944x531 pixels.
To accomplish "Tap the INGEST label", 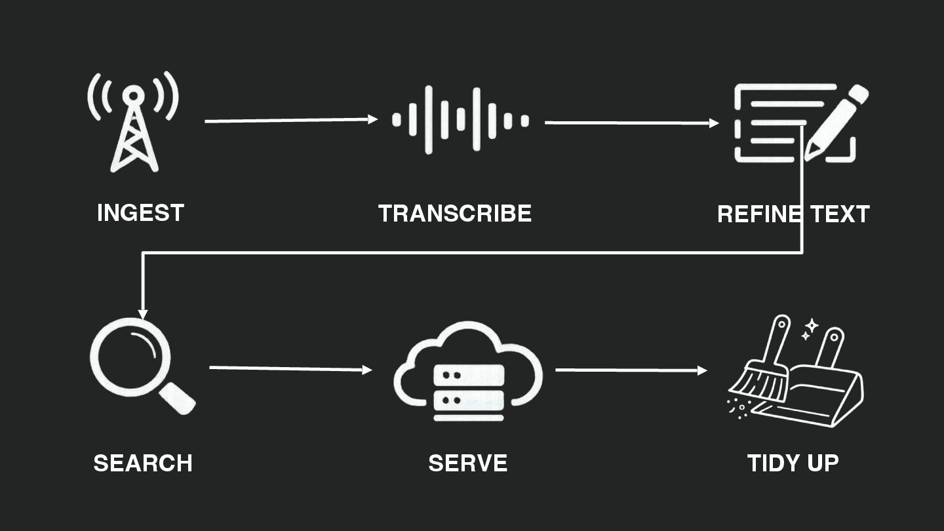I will pyautogui.click(x=140, y=213).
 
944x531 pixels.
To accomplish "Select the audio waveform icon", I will pyautogui.click(x=460, y=120).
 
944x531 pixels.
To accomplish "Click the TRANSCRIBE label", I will pyautogui.click(x=455, y=214).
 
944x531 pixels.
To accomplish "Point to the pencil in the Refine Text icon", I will pyautogui.click(x=836, y=122).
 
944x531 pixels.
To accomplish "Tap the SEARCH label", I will pyautogui.click(x=143, y=463).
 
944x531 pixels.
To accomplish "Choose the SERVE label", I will pyautogui.click(x=468, y=463).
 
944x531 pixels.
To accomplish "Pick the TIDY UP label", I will pyautogui.click(x=793, y=463).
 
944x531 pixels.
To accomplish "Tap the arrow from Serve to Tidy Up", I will pyautogui.click(x=631, y=370).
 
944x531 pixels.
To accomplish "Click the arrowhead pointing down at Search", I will pyautogui.click(x=143, y=314).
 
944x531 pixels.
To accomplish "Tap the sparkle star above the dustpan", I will pyautogui.click(x=811, y=326).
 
